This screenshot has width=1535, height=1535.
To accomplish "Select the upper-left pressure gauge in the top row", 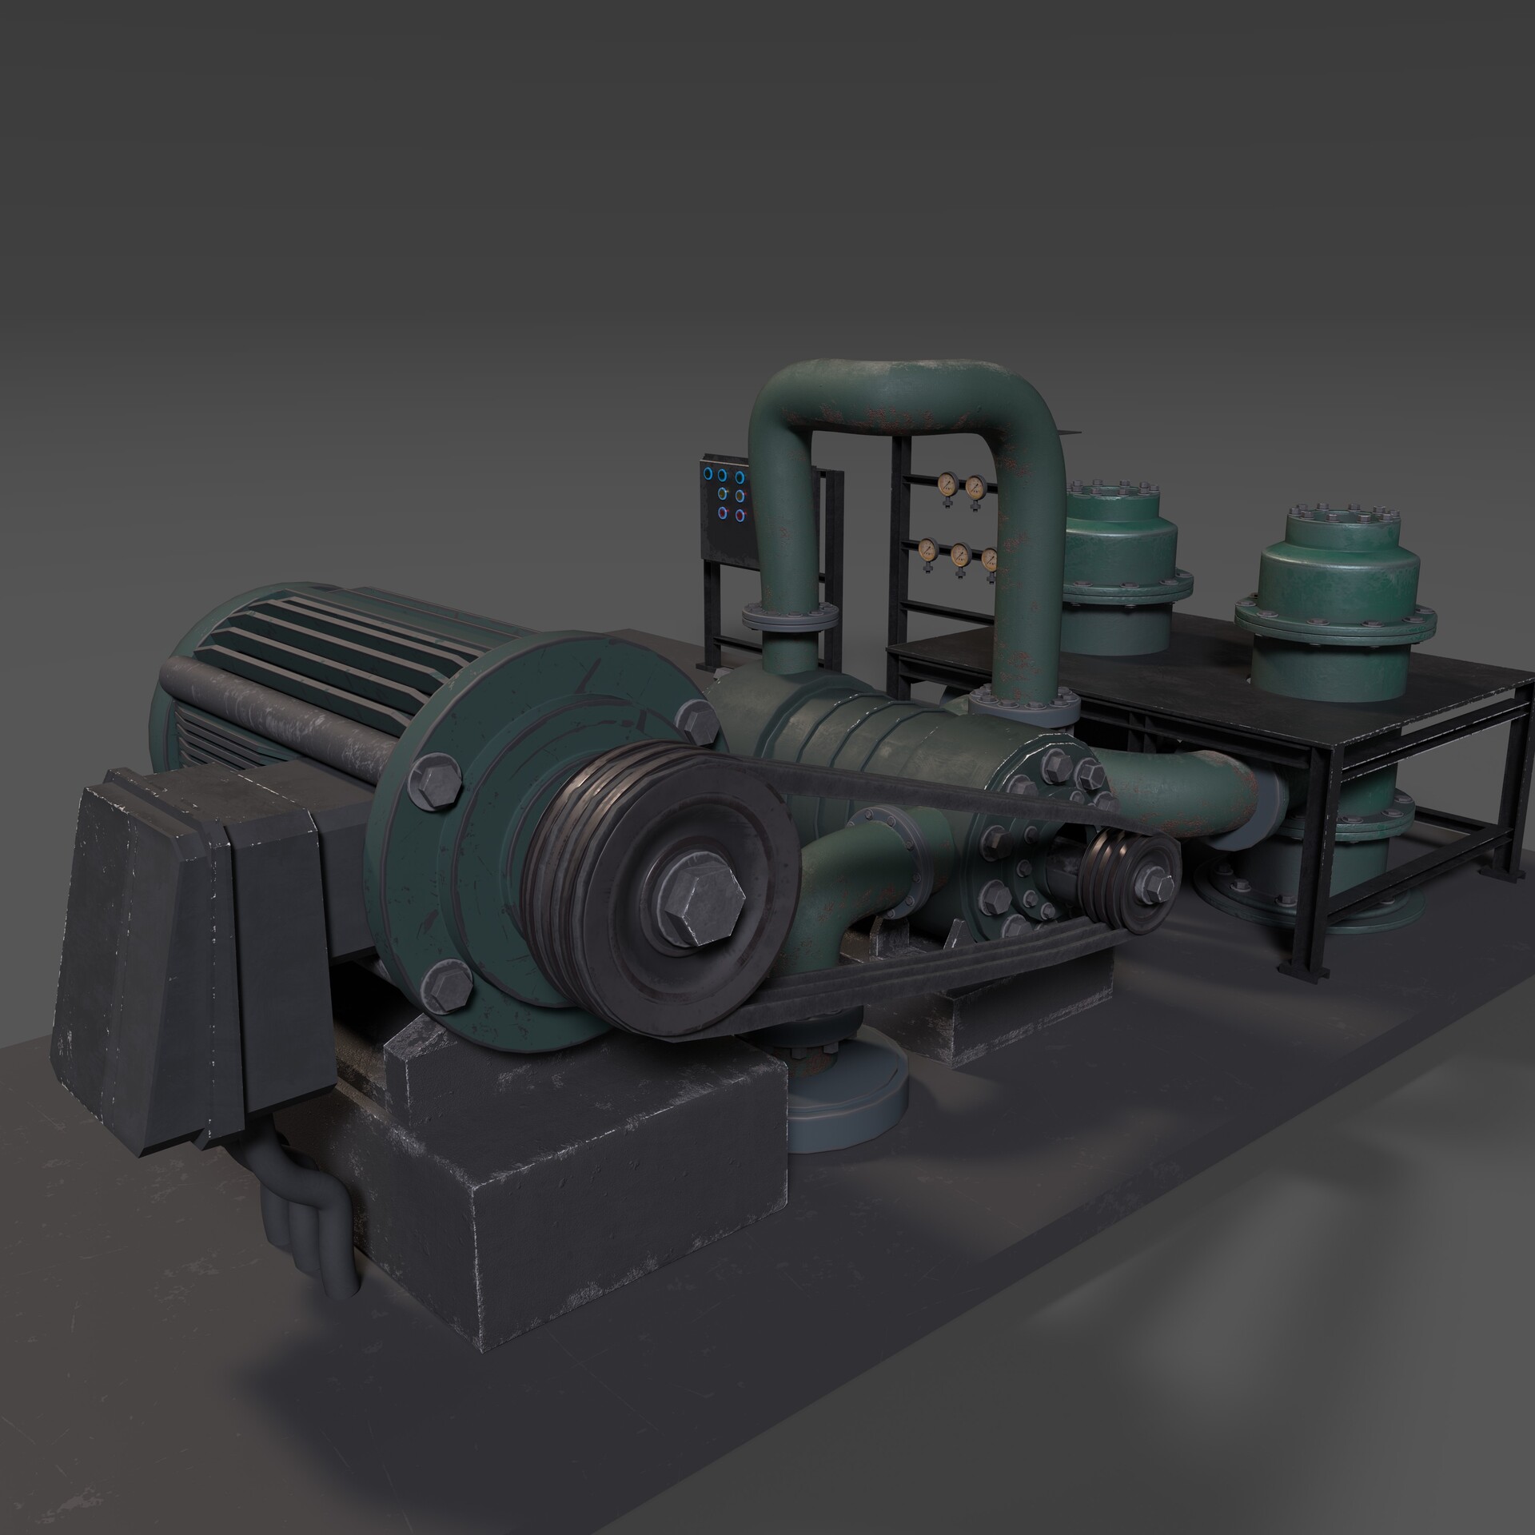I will tap(946, 482).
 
